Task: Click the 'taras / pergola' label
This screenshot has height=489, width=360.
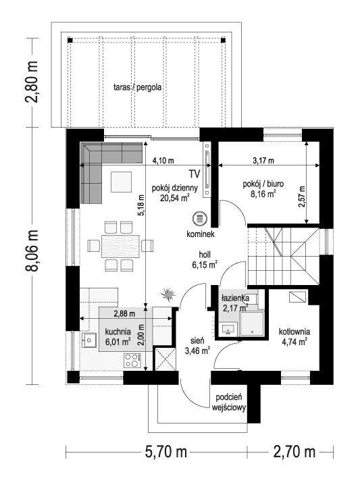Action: point(140,87)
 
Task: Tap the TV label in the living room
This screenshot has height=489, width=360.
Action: point(195,174)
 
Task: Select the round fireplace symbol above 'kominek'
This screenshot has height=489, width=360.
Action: point(199,220)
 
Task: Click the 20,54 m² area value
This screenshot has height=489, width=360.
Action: point(170,198)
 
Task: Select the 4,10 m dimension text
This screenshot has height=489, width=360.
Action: point(163,161)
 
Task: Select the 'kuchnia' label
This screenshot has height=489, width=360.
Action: point(118,332)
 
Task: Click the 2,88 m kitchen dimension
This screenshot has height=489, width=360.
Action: point(124,314)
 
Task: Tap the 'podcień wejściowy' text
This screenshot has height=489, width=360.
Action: point(230,403)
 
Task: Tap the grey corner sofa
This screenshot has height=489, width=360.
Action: point(95,169)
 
